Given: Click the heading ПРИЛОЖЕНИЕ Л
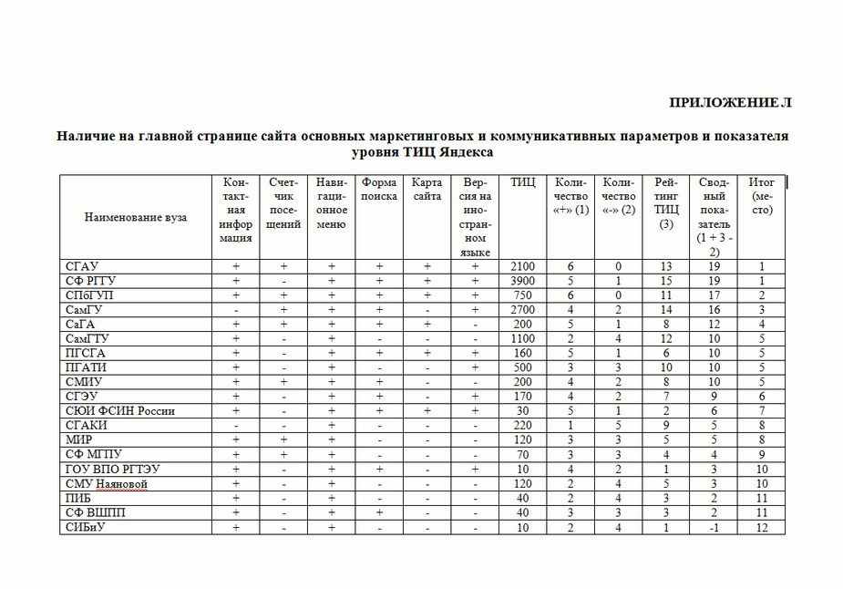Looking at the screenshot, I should pos(730,102).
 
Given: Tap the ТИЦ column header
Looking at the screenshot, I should pos(523,182).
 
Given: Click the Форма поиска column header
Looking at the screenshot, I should pos(379,189).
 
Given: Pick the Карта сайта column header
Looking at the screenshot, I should pos(427,189).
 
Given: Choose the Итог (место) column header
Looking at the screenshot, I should pos(762,196).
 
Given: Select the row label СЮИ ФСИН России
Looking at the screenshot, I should pos(119,411).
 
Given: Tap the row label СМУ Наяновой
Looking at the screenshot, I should pos(106,483).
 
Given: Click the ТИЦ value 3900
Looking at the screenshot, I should pos(523,281).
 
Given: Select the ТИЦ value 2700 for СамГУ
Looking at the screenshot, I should pos(523,310).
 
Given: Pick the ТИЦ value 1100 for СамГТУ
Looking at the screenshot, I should pos(523,338).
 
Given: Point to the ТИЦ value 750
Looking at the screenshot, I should pos(523,295).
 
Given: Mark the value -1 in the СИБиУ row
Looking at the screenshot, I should pos(714,527).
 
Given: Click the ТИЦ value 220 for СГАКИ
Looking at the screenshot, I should pos(523,426).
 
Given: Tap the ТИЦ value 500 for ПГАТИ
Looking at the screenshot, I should pos(523,367).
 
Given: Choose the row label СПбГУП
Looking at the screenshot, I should pos(89,295).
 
